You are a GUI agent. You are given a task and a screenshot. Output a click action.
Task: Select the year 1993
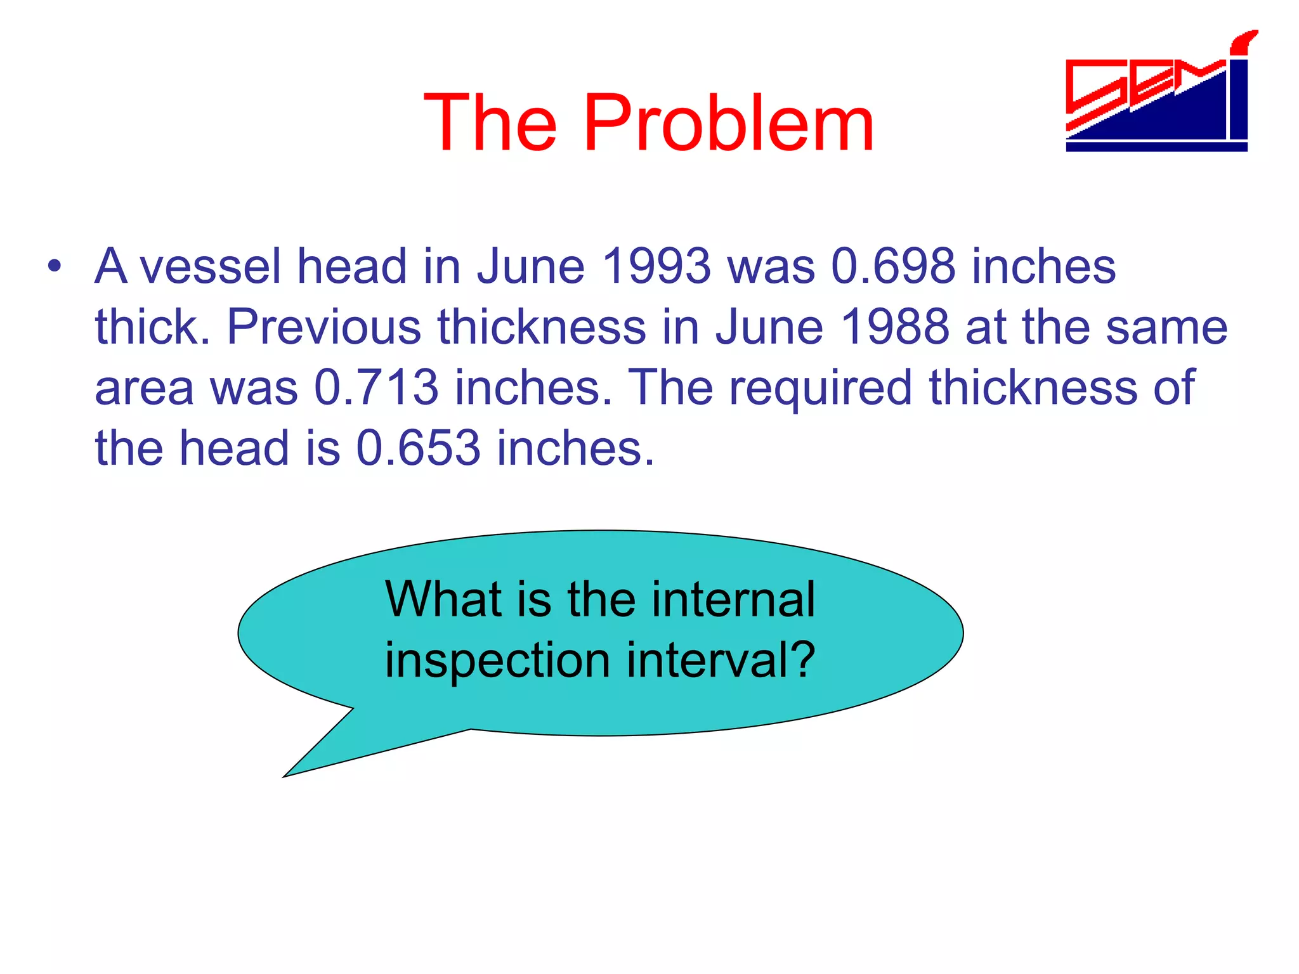pyautogui.click(x=656, y=266)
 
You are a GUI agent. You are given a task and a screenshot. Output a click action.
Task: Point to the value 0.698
pyautogui.click(x=892, y=266)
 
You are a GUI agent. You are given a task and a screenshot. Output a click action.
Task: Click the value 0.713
pyautogui.click(x=376, y=387)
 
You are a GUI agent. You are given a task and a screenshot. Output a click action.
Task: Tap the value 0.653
pyautogui.click(x=418, y=448)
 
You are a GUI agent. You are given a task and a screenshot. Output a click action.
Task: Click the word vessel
pyautogui.click(x=210, y=266)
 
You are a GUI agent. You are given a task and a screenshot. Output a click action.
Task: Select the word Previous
pyautogui.click(x=323, y=327)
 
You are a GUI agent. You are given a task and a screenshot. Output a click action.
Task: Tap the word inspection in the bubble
pyautogui.click(x=497, y=661)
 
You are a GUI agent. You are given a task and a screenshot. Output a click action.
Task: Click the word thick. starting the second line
pyautogui.click(x=152, y=327)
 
